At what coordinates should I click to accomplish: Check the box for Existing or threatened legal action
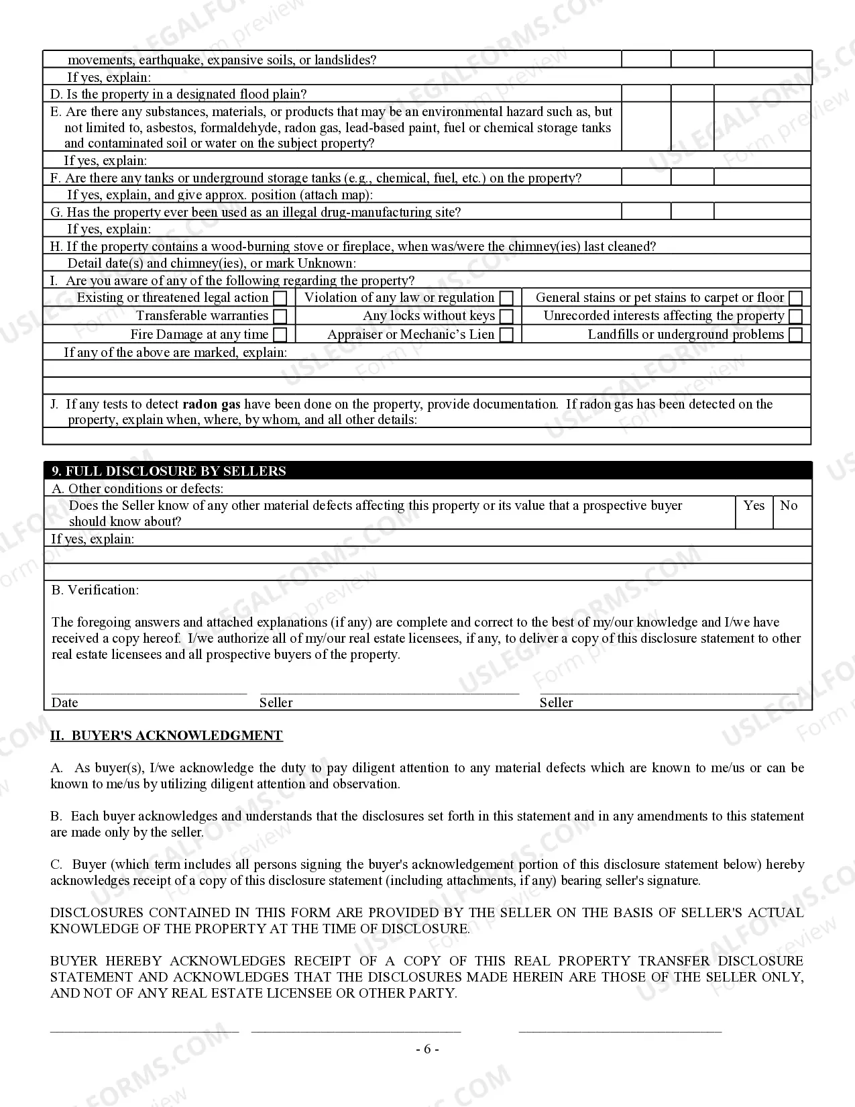coord(281,298)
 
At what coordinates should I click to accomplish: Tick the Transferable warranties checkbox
coord(281,316)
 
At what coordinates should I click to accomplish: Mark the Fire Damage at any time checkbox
coord(281,334)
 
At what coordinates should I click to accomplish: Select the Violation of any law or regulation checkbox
coord(507,298)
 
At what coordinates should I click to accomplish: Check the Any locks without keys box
coord(507,316)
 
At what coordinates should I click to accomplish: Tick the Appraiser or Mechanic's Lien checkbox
coord(507,334)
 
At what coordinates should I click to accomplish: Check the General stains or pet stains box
coord(795,298)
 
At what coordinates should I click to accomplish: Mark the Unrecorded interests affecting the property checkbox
coord(795,316)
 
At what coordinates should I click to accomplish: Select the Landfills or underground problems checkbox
coord(795,334)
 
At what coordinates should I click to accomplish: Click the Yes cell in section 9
coord(754,513)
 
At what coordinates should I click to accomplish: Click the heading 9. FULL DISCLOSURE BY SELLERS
coord(169,471)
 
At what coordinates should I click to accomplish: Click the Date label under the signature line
coord(64,702)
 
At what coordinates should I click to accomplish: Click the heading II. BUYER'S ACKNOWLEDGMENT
coord(166,735)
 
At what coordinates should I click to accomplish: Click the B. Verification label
coord(95,590)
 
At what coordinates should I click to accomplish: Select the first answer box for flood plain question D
coord(646,94)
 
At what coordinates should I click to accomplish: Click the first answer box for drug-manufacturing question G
coord(646,212)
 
